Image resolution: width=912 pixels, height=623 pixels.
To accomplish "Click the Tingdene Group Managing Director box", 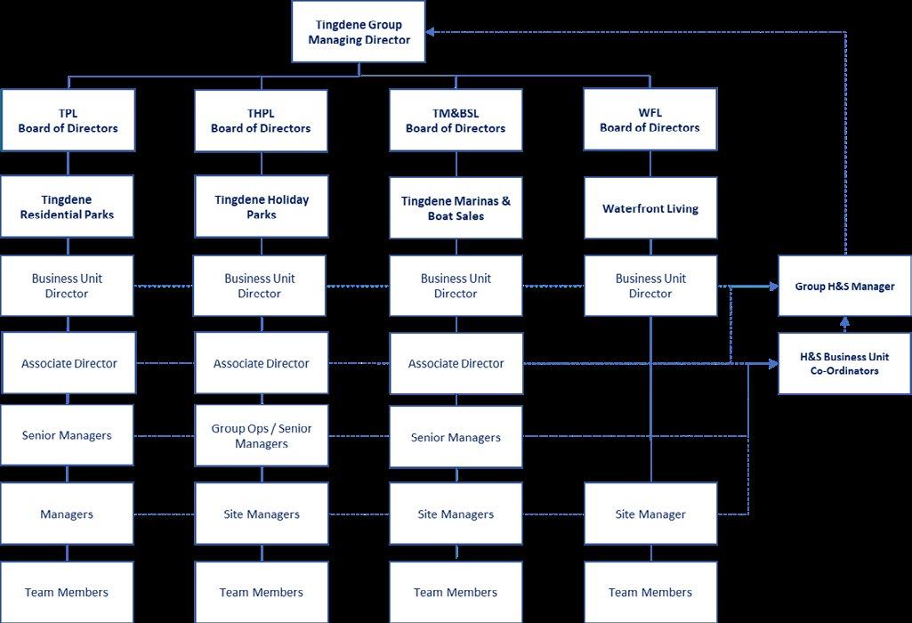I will [359, 32].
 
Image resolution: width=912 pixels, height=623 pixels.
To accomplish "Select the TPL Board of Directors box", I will [68, 120].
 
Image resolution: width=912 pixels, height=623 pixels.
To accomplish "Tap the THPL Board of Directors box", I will [261, 120].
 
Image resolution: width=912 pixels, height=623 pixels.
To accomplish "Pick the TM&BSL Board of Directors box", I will [456, 120].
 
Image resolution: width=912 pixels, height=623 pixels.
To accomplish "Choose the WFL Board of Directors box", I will [650, 120].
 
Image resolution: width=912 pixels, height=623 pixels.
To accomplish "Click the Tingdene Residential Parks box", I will [67, 206].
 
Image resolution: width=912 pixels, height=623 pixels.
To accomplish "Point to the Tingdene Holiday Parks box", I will [261, 206].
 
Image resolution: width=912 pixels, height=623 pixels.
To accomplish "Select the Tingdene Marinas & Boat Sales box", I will [456, 208].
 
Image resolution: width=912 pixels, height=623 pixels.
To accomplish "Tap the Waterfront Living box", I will [650, 208].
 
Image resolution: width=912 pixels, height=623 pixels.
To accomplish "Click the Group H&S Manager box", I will [844, 286].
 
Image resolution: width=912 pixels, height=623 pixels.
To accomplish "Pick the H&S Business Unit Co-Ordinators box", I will [844, 363].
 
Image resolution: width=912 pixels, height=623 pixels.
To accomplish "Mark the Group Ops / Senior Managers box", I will [261, 436].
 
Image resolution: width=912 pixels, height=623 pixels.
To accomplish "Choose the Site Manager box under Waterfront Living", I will [650, 514].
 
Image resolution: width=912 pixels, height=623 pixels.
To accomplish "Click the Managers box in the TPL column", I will [67, 514].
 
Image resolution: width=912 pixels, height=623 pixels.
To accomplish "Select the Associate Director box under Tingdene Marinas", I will [456, 363].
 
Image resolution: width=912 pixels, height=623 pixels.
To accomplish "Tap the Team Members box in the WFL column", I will [650, 592].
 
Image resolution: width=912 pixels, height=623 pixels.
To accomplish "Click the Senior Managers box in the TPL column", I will [67, 435].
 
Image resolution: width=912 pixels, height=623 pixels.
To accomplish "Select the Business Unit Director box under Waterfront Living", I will [650, 286].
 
